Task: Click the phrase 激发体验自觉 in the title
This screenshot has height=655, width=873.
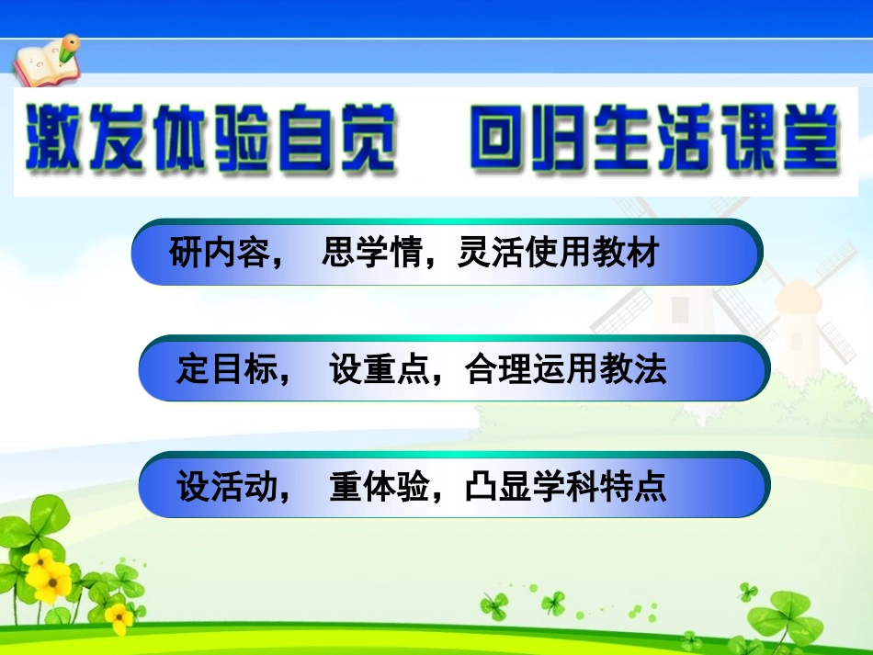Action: point(210,140)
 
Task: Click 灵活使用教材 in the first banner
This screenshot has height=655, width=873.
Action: point(559,252)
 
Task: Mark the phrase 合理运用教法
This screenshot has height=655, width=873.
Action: point(566,369)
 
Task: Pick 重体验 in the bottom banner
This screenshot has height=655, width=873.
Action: point(379,486)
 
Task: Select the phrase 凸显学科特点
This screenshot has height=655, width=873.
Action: point(566,486)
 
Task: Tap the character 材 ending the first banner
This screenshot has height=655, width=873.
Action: point(643,252)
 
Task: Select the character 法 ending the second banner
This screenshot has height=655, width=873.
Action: point(651,369)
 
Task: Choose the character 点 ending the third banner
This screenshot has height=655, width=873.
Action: point(651,486)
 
